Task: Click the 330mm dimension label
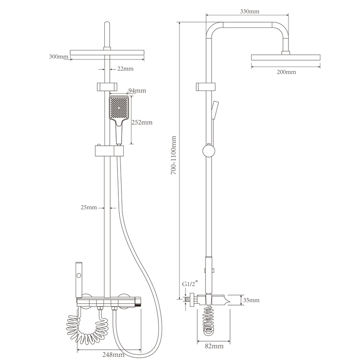(x=250, y=11)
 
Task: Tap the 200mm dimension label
(x=286, y=72)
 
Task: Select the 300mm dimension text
(x=58, y=57)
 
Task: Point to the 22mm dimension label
(x=126, y=69)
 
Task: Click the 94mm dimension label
(x=137, y=91)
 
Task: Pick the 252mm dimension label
(x=142, y=122)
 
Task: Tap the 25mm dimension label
(x=89, y=207)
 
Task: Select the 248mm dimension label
(x=113, y=355)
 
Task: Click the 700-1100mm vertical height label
(x=174, y=155)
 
